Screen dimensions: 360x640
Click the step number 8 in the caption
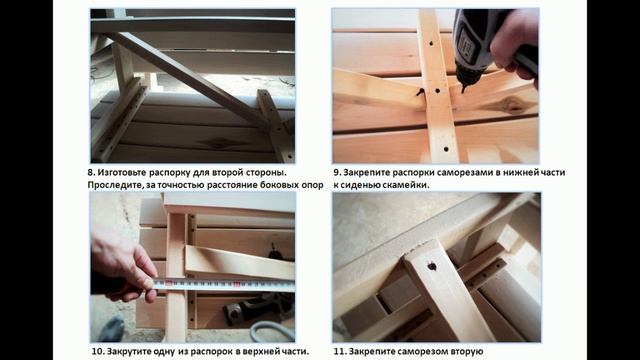[x=92, y=173]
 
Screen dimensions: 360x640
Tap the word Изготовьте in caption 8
[x=127, y=173]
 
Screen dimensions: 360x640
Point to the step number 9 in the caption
[x=337, y=173]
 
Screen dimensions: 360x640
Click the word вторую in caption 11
[x=462, y=352]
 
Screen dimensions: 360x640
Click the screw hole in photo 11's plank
[x=432, y=267]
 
